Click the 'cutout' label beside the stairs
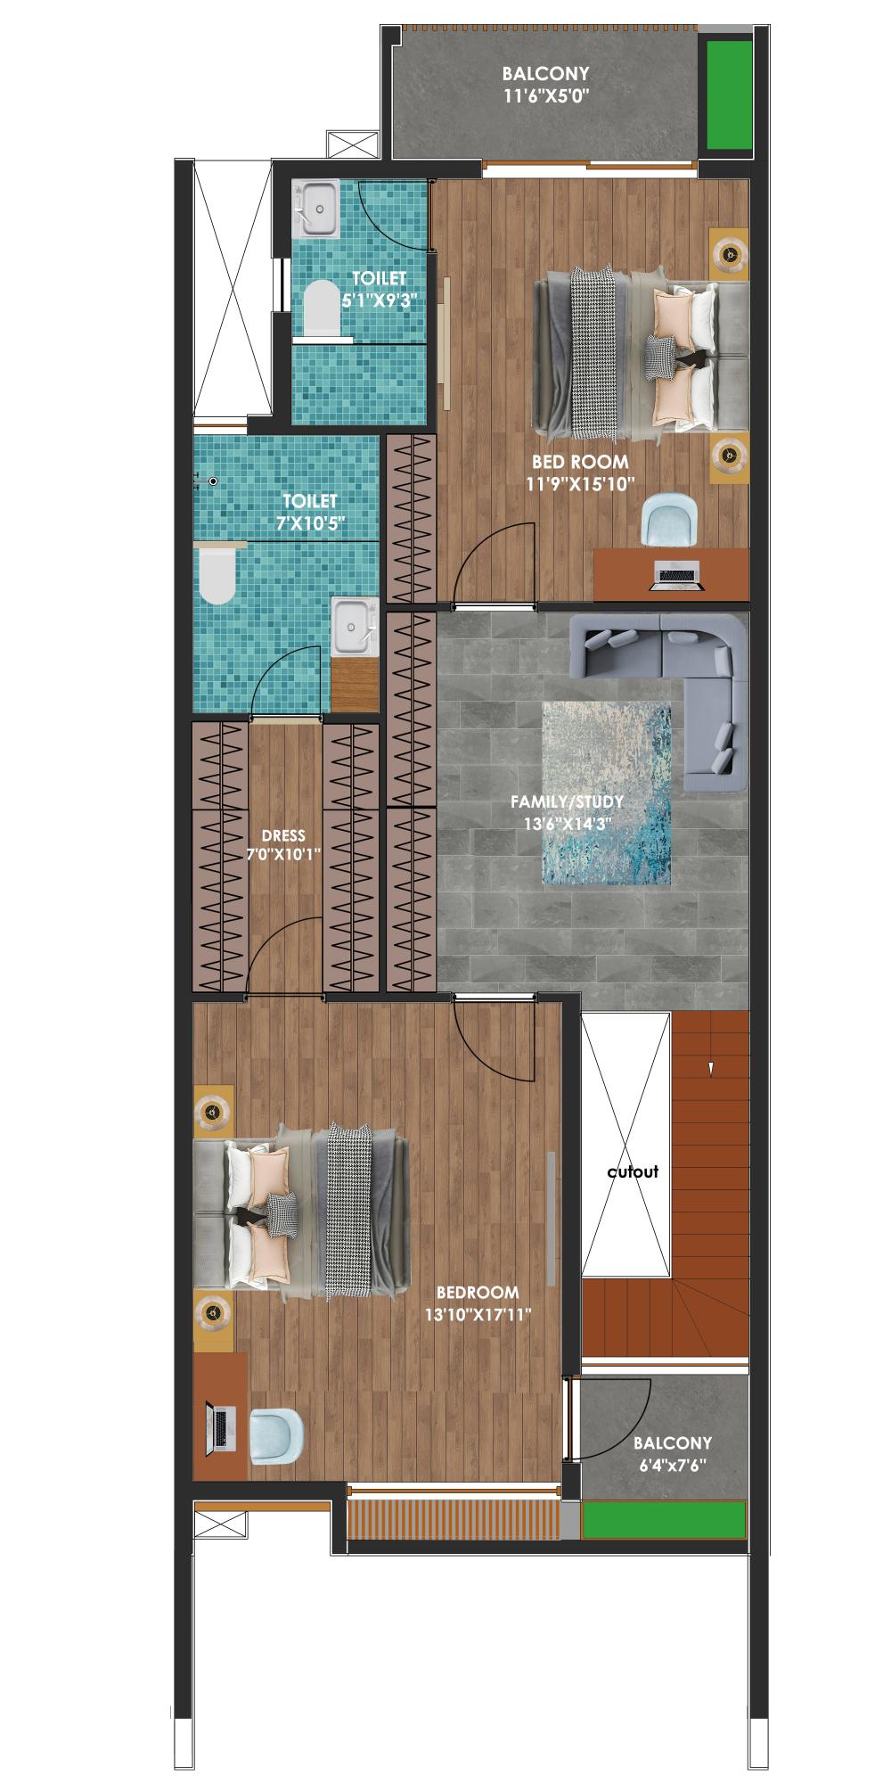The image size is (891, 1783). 633,1171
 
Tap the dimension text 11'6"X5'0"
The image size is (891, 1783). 546,94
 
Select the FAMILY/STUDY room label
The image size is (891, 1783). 567,801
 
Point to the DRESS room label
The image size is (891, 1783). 283,835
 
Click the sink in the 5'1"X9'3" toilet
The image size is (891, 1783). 316,209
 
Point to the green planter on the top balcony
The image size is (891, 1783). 729,95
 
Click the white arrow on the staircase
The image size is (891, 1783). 710,1067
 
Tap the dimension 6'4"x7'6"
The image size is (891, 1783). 673,1463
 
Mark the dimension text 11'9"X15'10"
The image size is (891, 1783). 580,484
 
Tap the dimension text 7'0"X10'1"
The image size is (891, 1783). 283,853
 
